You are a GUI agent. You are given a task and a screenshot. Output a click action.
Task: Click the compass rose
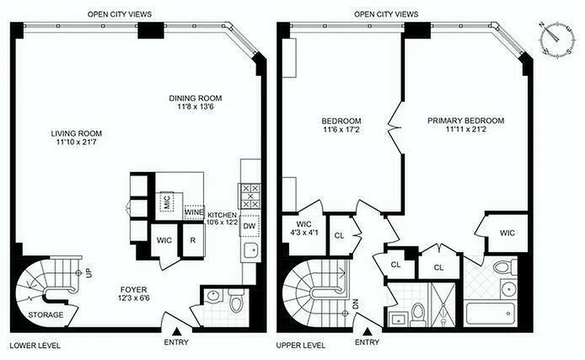tap(558, 38)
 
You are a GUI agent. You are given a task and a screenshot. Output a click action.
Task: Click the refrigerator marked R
tap(193, 240)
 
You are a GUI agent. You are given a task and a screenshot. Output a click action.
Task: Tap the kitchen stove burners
tap(249, 196)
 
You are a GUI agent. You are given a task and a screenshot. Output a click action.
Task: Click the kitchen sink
tap(249, 251)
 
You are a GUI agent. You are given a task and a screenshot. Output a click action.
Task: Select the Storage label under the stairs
tap(46, 315)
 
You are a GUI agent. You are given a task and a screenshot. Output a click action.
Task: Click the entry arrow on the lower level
tap(177, 331)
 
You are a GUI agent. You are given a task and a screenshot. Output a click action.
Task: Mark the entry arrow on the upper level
tap(367, 332)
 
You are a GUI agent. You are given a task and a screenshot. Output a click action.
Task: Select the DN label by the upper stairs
tap(354, 304)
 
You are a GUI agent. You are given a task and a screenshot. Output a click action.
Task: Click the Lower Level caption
tap(35, 346)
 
